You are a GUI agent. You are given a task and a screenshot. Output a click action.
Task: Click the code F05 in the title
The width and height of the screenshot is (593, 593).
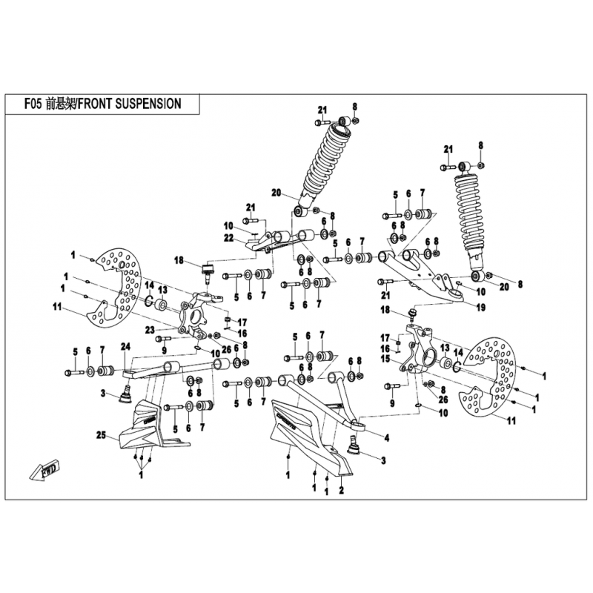pos(31,105)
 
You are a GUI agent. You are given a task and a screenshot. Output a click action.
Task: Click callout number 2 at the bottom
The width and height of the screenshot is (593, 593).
pos(341,491)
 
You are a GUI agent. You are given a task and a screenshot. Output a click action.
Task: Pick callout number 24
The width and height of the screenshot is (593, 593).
pos(125,345)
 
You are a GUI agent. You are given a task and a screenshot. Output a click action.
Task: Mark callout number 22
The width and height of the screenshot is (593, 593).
pos(229,237)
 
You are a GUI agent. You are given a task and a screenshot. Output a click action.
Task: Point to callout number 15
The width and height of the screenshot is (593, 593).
pos(385,358)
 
